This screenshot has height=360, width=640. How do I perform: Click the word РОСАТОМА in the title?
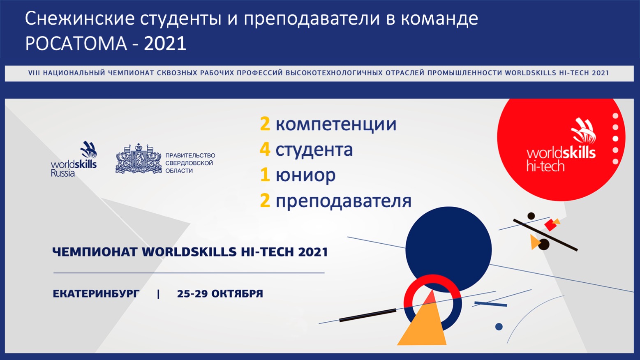(x=76, y=44)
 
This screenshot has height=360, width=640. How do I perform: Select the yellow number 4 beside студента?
(x=265, y=149)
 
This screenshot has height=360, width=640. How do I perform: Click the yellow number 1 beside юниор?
(x=265, y=175)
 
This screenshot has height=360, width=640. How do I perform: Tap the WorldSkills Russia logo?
(x=74, y=159)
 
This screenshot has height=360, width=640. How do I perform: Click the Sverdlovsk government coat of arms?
(x=139, y=159)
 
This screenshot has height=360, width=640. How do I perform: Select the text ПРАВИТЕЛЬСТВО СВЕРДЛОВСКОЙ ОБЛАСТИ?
(x=190, y=163)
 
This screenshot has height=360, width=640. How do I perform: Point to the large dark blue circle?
(x=448, y=249)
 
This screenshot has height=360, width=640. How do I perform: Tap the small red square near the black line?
(x=550, y=224)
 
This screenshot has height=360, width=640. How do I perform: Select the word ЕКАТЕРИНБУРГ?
(x=96, y=294)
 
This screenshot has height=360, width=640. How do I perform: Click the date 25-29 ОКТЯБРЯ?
(x=220, y=294)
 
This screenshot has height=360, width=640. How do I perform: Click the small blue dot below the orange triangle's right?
(x=499, y=327)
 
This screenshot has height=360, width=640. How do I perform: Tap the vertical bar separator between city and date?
(x=158, y=294)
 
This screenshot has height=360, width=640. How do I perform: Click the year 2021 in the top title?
(x=165, y=44)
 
